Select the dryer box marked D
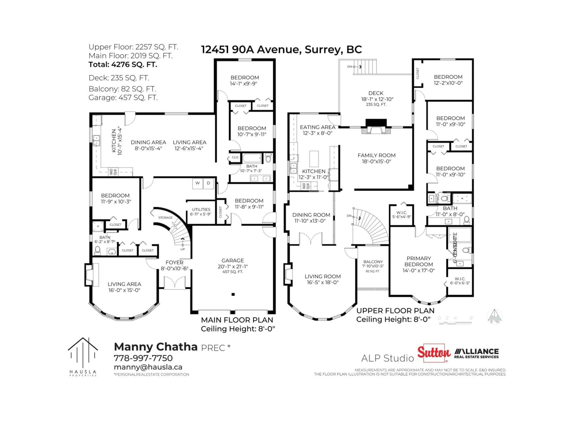pyautogui.click(x=208, y=183)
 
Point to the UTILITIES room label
pyautogui.click(x=201, y=209)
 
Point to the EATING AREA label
pyautogui.click(x=317, y=127)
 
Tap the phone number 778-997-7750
pyautogui.click(x=143, y=358)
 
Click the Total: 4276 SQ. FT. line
pyautogui.click(x=123, y=64)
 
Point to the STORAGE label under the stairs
pyautogui.click(x=165, y=218)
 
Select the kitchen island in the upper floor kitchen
pyautogui.click(x=314, y=159)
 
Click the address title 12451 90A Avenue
pyautogui.click(x=281, y=49)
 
